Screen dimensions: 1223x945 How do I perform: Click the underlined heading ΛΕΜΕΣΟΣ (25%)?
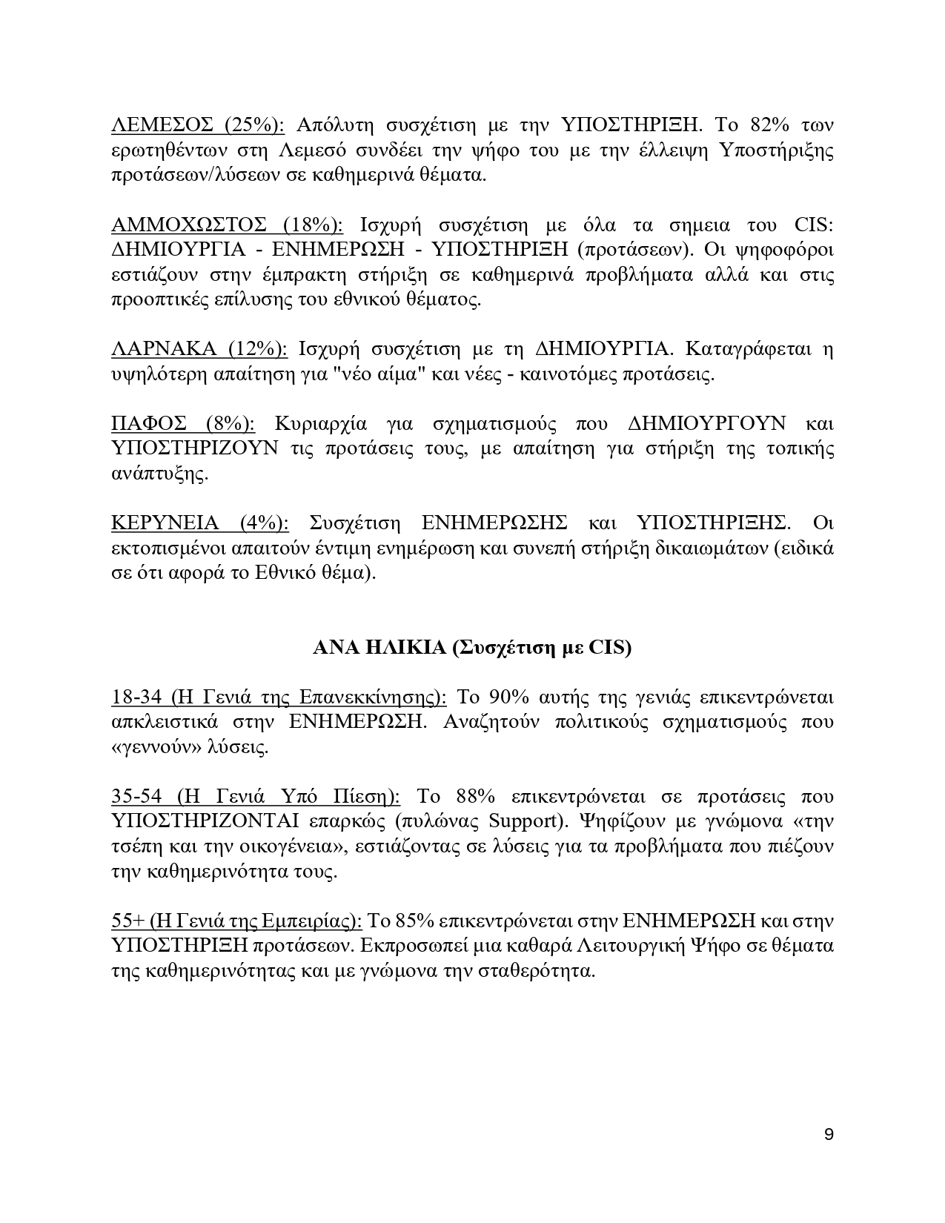point(198,125)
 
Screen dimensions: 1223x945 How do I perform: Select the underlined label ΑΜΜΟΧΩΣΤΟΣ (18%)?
point(227,225)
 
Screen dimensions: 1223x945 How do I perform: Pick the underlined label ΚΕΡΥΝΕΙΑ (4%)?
point(199,523)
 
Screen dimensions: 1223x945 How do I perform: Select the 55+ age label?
point(127,921)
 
